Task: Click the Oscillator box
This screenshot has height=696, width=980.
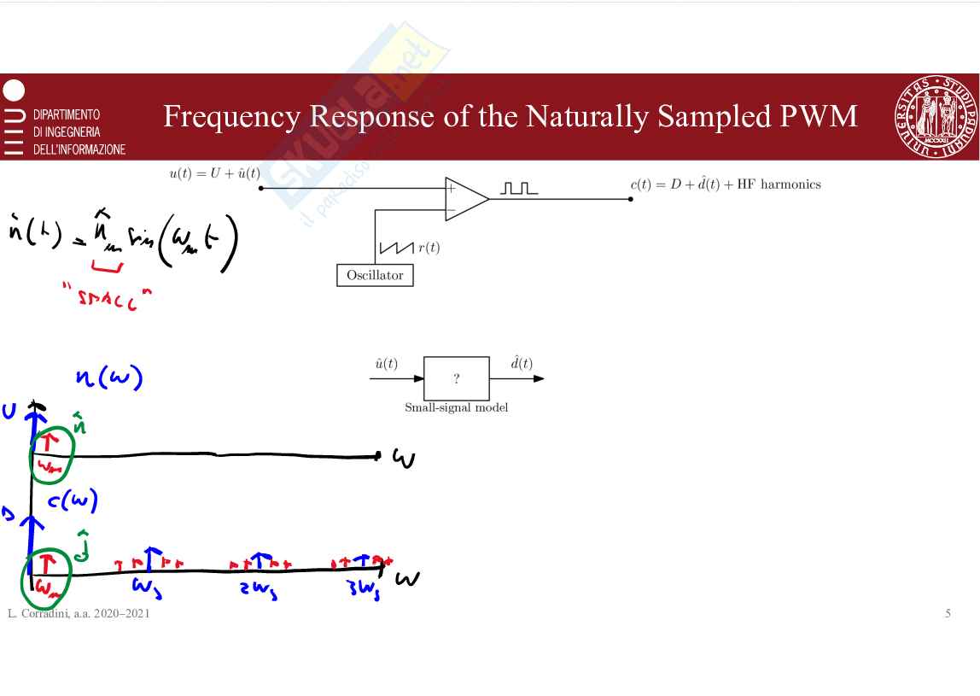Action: (x=375, y=276)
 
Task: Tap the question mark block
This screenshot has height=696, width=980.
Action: (x=457, y=379)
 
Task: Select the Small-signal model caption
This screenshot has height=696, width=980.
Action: (x=456, y=407)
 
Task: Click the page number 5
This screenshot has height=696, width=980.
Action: (x=948, y=613)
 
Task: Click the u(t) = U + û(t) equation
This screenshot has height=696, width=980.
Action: (x=214, y=174)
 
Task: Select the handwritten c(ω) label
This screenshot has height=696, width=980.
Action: (x=73, y=501)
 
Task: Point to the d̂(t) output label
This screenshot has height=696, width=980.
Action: (x=521, y=364)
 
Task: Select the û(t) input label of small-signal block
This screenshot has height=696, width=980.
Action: (x=386, y=364)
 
